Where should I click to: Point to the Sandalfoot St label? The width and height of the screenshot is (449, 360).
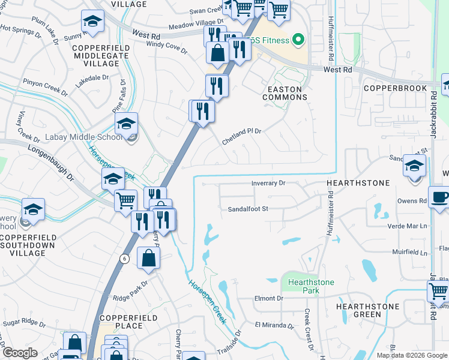[x=247, y=209]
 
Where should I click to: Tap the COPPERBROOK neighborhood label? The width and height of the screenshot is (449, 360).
[x=396, y=88]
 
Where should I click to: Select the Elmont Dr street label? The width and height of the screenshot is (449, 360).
[x=268, y=298]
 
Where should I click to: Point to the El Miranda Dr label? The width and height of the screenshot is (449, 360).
[x=274, y=326]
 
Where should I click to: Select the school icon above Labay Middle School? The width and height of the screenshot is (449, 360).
[x=126, y=124]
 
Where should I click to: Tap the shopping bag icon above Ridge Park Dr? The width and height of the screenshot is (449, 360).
[x=148, y=259]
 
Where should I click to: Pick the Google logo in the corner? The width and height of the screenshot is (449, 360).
[x=19, y=353]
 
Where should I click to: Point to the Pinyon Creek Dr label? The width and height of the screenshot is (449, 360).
[x=45, y=86]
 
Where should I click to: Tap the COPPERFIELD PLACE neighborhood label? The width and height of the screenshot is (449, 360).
[x=121, y=321]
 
